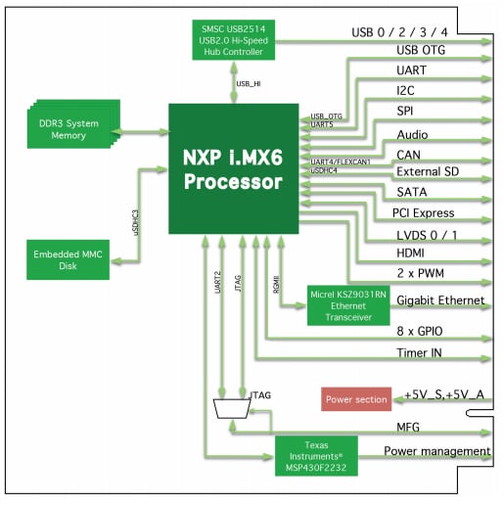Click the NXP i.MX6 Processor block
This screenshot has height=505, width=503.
point(232,168)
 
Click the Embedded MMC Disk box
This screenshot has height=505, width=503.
point(69,261)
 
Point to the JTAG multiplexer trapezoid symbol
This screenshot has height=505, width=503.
point(231,408)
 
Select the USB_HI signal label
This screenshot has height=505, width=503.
point(249,85)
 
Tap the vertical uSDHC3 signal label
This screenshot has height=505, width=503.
point(135,223)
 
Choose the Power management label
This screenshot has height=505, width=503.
point(436,451)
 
